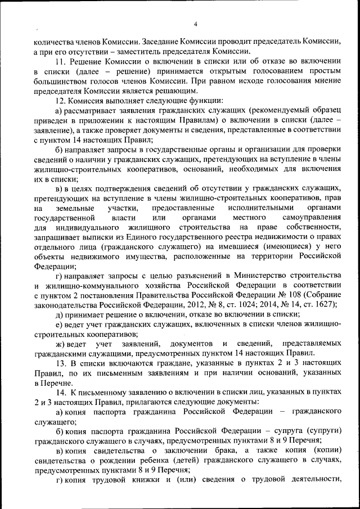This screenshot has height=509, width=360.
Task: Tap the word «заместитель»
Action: click(x=145, y=51)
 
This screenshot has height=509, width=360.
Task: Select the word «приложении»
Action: click(x=110, y=122)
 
